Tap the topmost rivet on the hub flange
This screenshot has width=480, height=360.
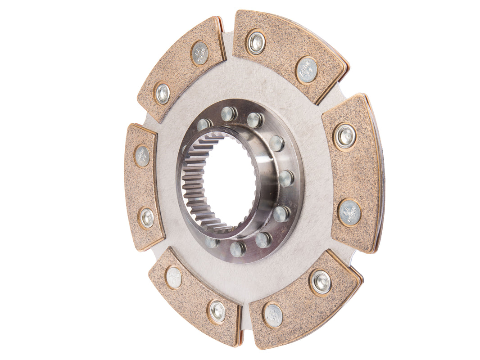point(229,113)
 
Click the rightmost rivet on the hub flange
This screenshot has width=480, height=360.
point(286,178)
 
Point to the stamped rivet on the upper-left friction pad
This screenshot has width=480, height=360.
point(200,54)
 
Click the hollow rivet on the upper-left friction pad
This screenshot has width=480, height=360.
point(162,94)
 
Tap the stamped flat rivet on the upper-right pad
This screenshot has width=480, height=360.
point(307,70)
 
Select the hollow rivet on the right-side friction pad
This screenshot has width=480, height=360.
point(345,135)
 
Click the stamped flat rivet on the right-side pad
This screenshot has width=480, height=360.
point(349,212)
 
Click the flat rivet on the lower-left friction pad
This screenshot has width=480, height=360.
point(173,277)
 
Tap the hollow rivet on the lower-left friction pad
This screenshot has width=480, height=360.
point(217,311)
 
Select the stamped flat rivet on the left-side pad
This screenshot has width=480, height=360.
point(142,156)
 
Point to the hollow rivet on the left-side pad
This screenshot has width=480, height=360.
point(146,218)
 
